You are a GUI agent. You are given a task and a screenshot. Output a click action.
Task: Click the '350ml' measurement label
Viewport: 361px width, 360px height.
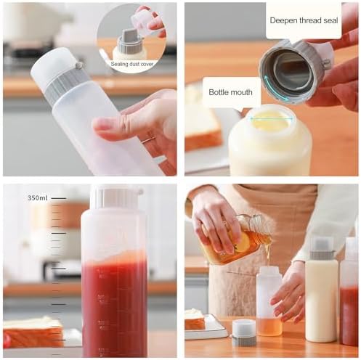[37, 198]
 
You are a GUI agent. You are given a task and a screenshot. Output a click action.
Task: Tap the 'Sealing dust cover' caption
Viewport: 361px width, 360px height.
[132, 64]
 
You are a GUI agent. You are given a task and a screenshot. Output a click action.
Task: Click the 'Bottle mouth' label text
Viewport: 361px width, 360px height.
[230, 92]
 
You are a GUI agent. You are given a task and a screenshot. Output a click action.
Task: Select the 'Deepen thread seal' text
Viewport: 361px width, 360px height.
[304, 20]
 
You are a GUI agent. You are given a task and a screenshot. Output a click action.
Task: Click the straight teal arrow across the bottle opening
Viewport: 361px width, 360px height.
[272, 118]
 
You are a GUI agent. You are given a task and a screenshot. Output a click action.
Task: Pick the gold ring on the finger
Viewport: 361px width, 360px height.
[148, 140]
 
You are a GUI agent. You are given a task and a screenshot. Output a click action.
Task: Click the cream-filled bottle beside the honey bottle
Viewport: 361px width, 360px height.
[322, 290]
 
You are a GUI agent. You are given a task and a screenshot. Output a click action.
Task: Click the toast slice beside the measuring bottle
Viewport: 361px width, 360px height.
[33, 332]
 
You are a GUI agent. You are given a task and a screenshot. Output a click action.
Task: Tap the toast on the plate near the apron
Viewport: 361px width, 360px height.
[195, 319]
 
